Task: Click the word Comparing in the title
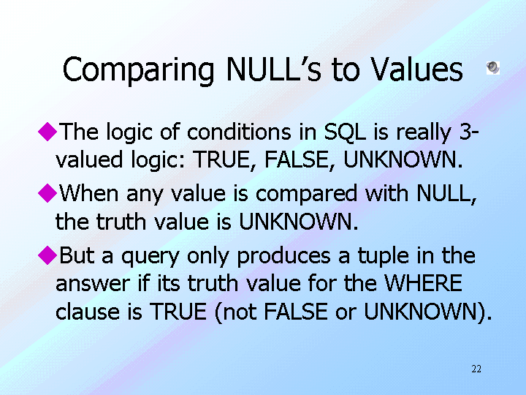click(138, 70)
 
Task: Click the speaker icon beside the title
click(493, 67)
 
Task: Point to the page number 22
click(476, 369)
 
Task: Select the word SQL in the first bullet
click(345, 132)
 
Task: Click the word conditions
click(239, 132)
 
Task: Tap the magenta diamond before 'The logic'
click(47, 132)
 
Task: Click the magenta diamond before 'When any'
click(47, 193)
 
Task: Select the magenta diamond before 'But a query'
click(47, 255)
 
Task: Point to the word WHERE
click(423, 283)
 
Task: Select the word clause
click(88, 312)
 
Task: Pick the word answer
click(93, 285)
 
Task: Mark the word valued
click(89, 159)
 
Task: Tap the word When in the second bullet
click(88, 193)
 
